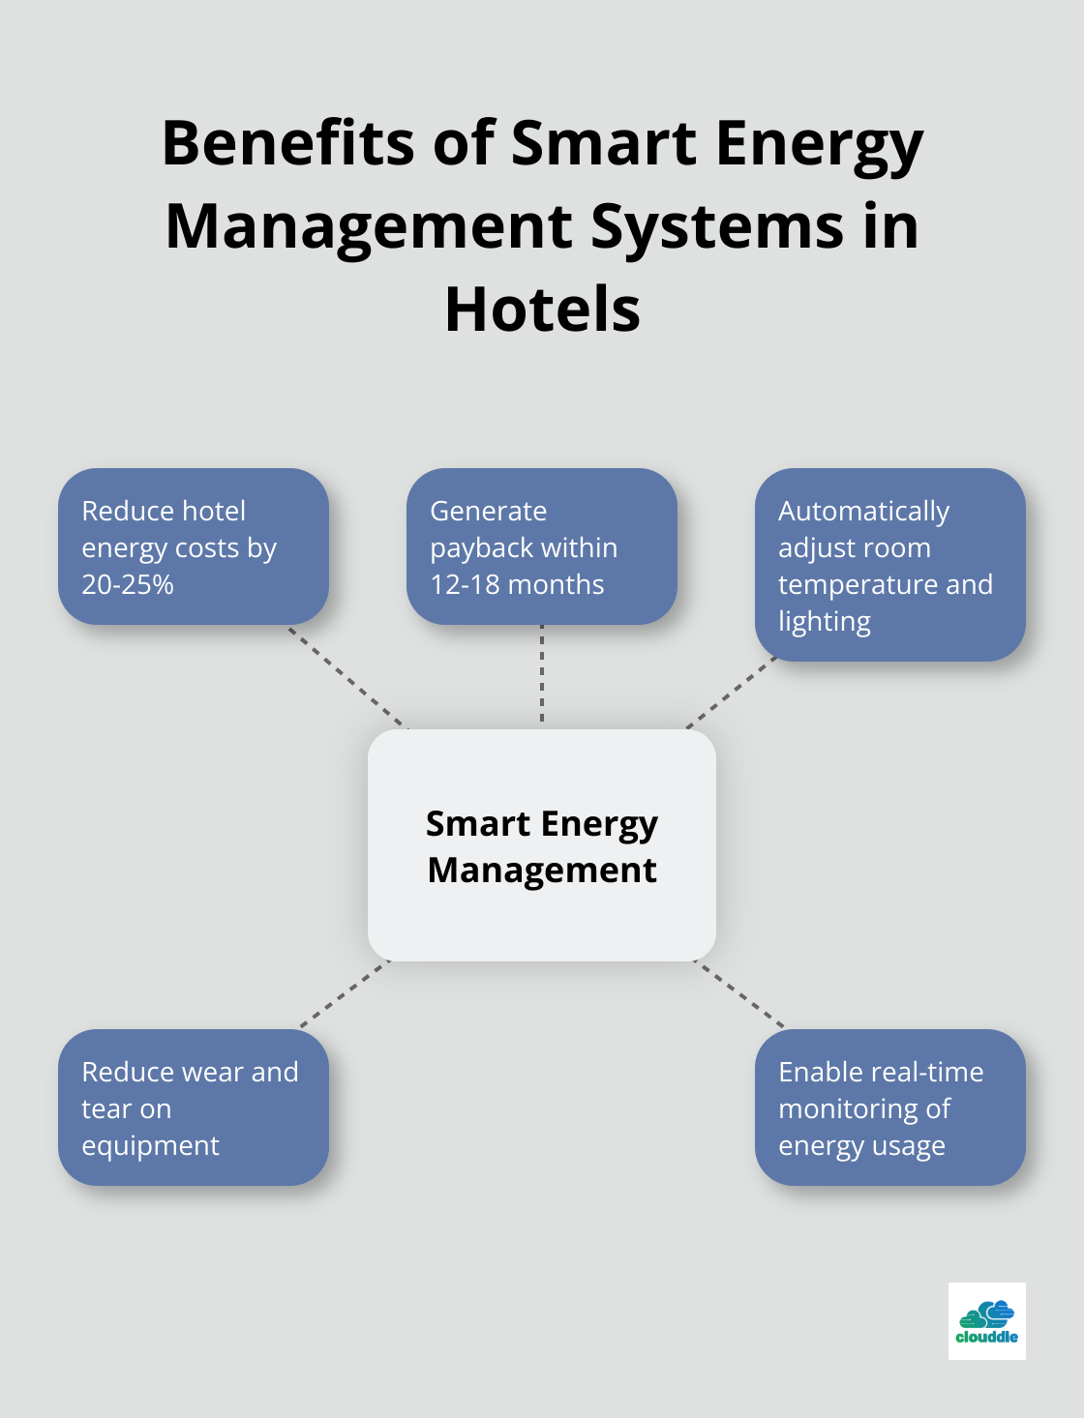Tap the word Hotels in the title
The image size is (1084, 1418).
pos(542,310)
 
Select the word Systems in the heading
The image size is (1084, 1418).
pos(717,226)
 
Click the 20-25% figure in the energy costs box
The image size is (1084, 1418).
pos(128,584)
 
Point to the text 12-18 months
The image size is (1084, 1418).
pos(517,584)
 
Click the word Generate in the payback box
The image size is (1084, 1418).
pos(488,511)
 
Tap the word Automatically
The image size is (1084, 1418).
pos(863,511)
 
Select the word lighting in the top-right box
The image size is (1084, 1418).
pos(824,621)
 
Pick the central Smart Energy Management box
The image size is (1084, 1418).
pos(542,844)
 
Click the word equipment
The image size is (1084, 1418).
pos(150,1145)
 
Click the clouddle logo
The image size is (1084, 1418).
pos(986,1321)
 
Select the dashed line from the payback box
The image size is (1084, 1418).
pos(542,675)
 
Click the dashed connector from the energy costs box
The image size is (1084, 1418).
pos(348,677)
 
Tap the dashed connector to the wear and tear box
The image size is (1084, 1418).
pos(346,993)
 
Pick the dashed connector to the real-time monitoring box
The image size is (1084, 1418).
pos(739,994)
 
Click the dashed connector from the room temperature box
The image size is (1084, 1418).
pos(732,693)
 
